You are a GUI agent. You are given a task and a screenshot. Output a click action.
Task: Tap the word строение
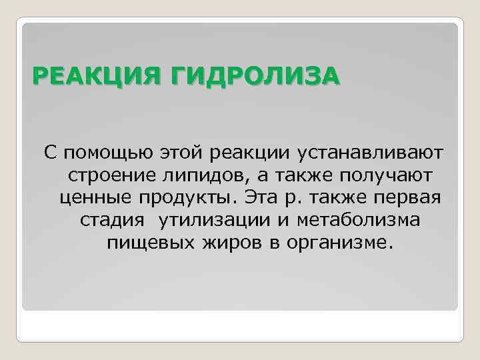[109, 175]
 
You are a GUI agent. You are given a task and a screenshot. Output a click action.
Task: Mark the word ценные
[95, 197]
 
